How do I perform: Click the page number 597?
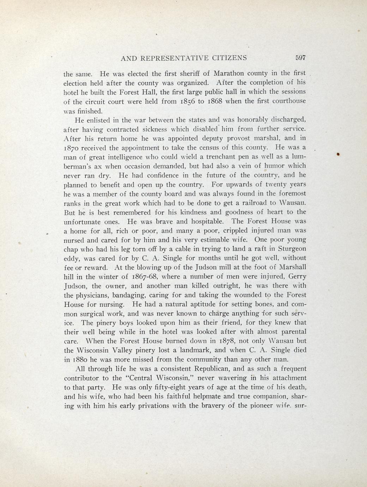(x=300, y=58)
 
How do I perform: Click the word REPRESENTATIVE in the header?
(x=175, y=58)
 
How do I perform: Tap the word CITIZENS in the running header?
(x=230, y=58)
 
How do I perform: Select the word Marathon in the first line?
(x=228, y=74)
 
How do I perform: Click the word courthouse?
(x=289, y=101)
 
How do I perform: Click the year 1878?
(x=230, y=341)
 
